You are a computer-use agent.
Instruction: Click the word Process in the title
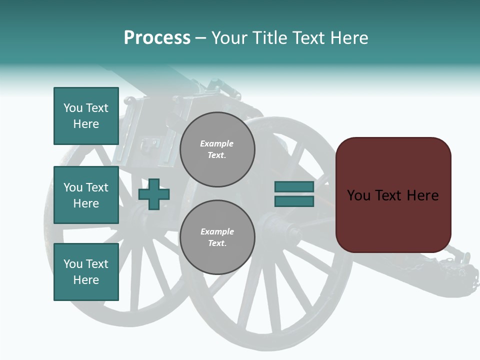click(157, 38)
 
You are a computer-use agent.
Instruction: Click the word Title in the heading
click(267, 38)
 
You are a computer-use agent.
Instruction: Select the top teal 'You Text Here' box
click(86, 116)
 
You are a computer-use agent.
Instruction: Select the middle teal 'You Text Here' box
click(86, 195)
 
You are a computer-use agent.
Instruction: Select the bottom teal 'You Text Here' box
click(86, 272)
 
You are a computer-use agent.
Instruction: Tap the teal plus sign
click(154, 194)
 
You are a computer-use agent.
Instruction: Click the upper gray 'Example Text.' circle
click(217, 149)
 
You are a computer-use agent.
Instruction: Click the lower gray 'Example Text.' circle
click(217, 237)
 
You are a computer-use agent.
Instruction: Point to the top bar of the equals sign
click(294, 186)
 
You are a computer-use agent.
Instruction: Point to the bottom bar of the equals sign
click(294, 201)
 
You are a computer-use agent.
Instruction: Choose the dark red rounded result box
click(393, 195)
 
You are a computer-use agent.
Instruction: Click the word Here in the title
click(349, 38)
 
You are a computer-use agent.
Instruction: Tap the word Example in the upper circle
click(216, 144)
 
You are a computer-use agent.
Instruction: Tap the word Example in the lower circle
click(217, 232)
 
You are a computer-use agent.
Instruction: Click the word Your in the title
click(229, 38)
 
